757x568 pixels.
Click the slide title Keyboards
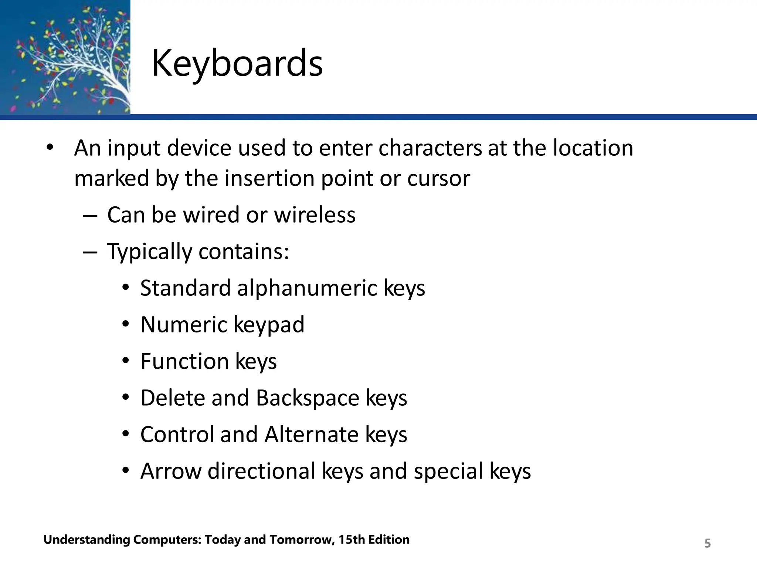pyautogui.click(x=237, y=64)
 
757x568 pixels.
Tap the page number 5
pyautogui.click(x=707, y=543)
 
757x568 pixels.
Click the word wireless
pyautogui.click(x=315, y=215)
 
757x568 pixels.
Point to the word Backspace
pyautogui.click(x=307, y=398)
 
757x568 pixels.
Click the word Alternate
pyautogui.click(x=311, y=435)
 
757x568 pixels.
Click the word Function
pyautogui.click(x=184, y=361)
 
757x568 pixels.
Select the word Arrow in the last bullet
pyautogui.click(x=171, y=471)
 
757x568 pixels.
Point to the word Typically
pyautogui.click(x=149, y=252)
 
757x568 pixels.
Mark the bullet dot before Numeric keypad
pyautogui.click(x=126, y=324)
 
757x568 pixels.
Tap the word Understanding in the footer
pyautogui.click(x=86, y=540)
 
